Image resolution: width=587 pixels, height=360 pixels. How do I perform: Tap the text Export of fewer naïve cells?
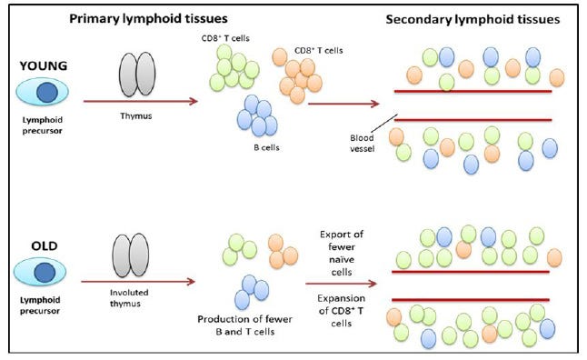[x=343, y=247]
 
